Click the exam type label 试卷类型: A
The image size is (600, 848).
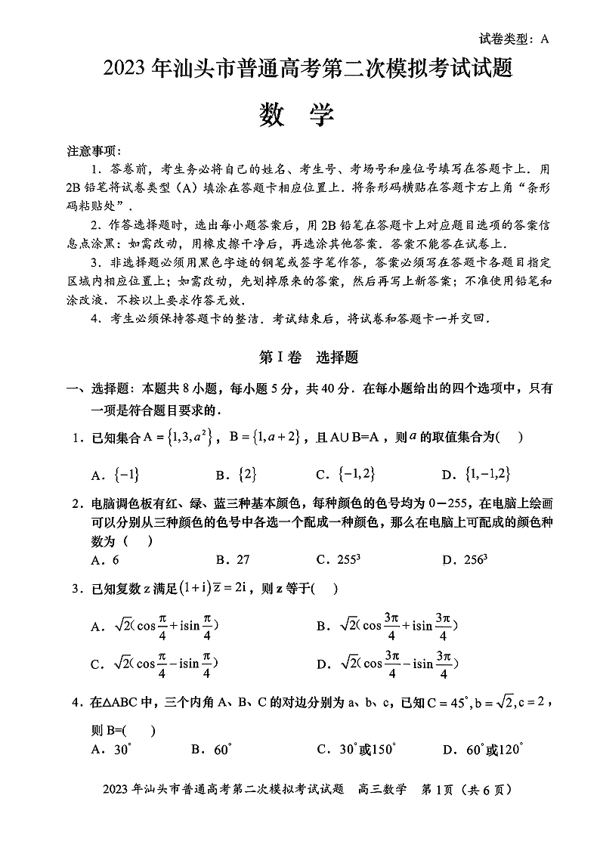[x=513, y=39]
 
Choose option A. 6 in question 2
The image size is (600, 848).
[x=105, y=560]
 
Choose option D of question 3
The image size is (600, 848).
[x=388, y=664]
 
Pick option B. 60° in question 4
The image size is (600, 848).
[x=211, y=750]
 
